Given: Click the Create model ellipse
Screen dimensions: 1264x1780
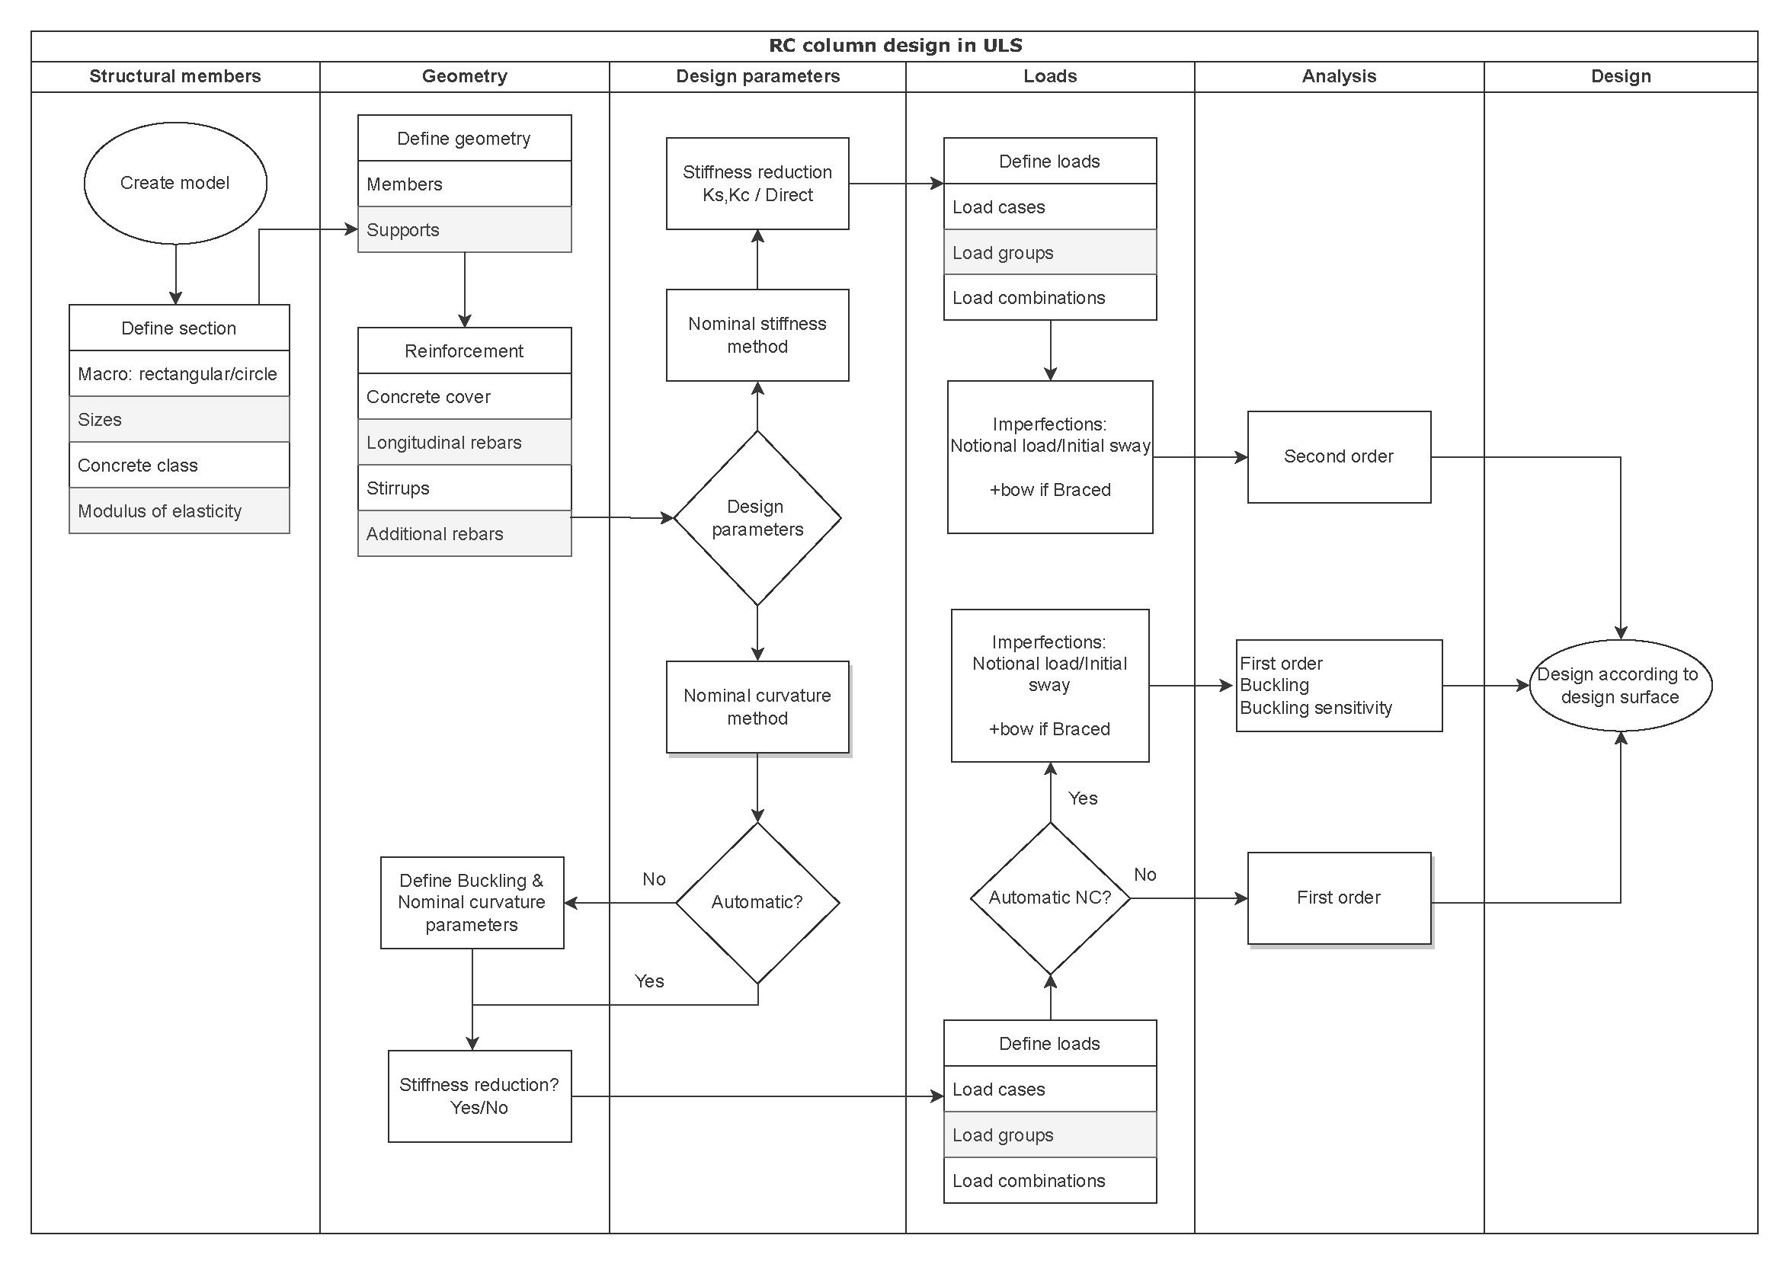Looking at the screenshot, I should coord(175,183).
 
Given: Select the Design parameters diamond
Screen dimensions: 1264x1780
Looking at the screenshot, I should coord(757,517).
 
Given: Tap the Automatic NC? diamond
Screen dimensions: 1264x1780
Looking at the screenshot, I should coord(1049,898).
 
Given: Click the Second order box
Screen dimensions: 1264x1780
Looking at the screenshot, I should coord(1338,457).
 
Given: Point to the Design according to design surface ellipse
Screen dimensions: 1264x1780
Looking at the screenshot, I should coord(1620,685).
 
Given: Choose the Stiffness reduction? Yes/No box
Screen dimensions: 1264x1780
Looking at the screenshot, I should coord(479,1096).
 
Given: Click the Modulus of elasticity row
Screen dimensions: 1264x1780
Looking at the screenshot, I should coord(179,510).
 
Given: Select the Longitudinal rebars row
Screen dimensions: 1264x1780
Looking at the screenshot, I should coord(464,442).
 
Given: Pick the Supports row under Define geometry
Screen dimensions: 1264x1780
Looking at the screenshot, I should coord(464,229).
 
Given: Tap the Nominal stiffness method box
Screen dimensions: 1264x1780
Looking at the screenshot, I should coord(757,334).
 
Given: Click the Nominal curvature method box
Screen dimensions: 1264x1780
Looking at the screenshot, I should coord(757,707).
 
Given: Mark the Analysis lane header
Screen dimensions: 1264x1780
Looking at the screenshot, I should coord(1338,76).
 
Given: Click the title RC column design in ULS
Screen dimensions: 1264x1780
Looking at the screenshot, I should coord(895,46).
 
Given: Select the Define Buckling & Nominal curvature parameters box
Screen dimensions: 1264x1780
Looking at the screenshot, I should coord(471,902).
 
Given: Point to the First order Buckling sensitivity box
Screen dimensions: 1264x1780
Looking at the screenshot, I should coord(1338,685).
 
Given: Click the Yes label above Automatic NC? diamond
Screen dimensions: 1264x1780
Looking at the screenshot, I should coord(1082,798).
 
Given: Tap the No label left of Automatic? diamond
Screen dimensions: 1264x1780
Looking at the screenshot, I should coord(653,878).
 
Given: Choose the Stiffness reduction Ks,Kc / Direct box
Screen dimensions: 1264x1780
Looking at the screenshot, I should coord(757,183).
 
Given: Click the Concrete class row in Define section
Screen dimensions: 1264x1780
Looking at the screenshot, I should coord(179,465).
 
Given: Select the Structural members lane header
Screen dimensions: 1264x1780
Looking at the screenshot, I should coord(175,76).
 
